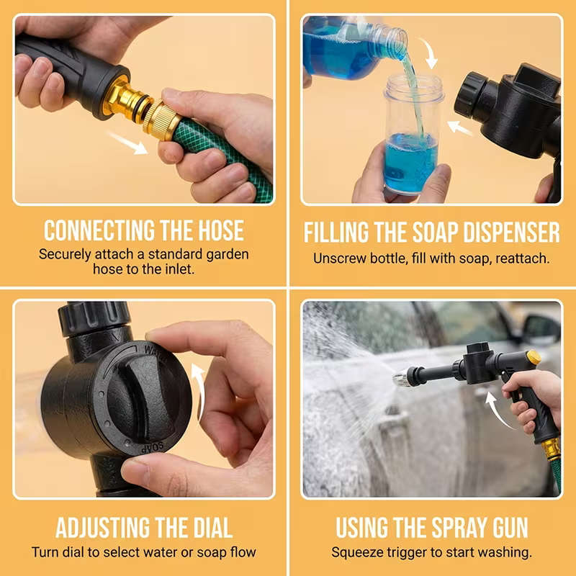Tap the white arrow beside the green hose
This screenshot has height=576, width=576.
pos(128,142)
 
